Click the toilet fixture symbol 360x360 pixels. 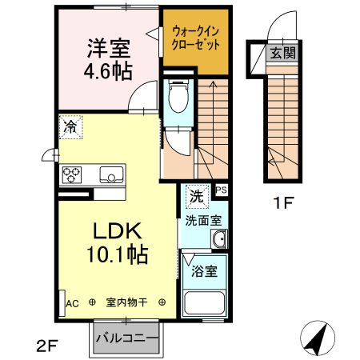pos(177,99)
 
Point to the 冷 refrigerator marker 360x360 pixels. pos(70,126)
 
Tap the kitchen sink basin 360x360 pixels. pos(110,174)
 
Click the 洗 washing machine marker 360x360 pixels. pos(195,194)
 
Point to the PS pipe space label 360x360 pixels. pos(221,190)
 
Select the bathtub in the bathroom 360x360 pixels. pos(204,305)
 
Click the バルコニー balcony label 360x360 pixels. pos(126,337)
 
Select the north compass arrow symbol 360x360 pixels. pos(317,340)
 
